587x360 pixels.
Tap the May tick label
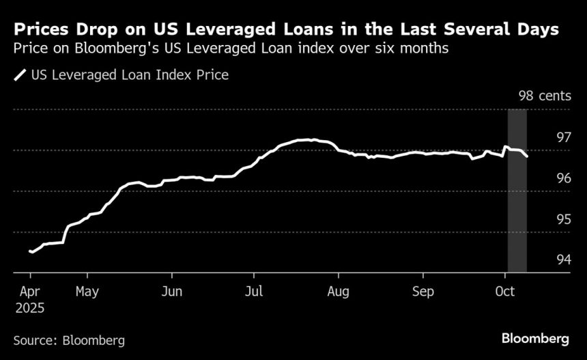coord(87,292)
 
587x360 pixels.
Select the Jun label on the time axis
coord(171,292)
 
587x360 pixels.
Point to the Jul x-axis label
coord(254,292)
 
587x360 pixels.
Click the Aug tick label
coord(338,292)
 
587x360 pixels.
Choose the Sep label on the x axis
coord(423,292)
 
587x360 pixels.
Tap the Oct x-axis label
coord(504,292)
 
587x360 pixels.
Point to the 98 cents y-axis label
coord(544,96)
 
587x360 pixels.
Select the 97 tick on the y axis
coord(563,137)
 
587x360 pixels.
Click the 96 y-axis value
coord(563,178)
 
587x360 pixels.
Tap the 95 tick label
coord(563,219)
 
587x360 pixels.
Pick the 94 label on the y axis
coord(563,260)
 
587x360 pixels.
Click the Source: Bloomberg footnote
coord(69,340)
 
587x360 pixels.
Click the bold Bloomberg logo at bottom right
coord(535,338)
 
